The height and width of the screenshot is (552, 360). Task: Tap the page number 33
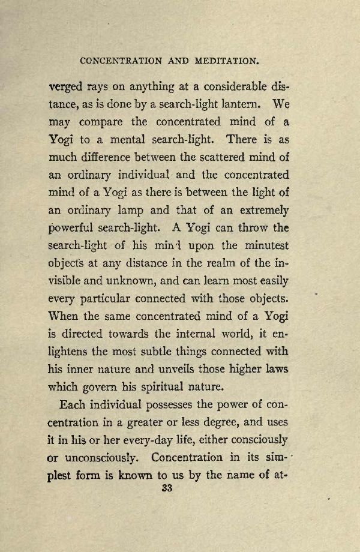(x=167, y=488)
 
